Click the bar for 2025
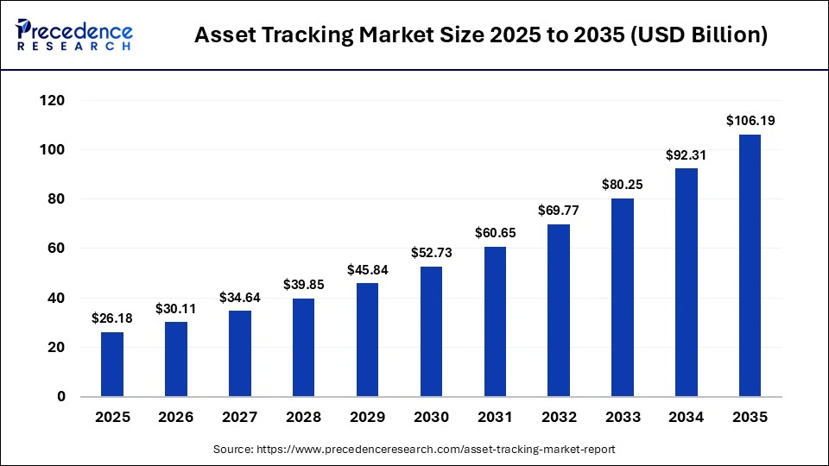tap(112, 364)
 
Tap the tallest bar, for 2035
tap(750, 265)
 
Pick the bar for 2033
tap(622, 297)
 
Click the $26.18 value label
tap(112, 319)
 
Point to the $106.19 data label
tap(750, 121)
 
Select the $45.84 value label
tap(367, 270)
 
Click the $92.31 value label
tap(686, 155)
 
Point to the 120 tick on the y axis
tap(54, 101)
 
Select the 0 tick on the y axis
tap(61, 397)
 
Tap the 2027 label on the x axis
tap(240, 418)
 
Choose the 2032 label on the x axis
tap(558, 418)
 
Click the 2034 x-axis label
tap(686, 418)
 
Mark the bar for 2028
tap(304, 348)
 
